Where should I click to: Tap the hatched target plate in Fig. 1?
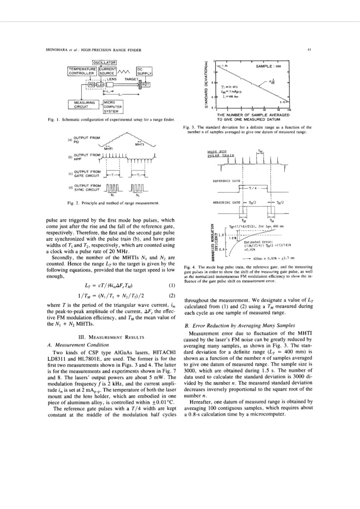(x=138, y=84)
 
